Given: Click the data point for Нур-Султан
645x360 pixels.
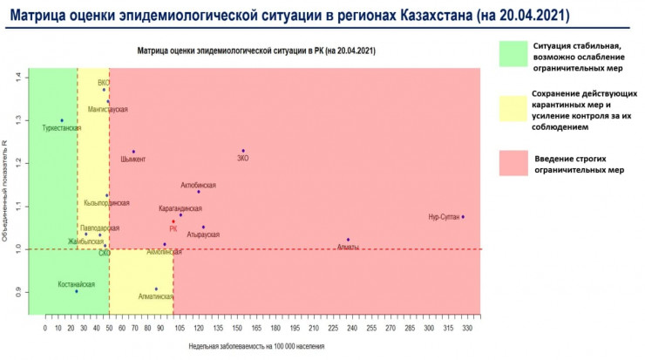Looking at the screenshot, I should point(463,216).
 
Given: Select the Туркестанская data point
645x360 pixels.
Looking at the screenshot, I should point(62,120).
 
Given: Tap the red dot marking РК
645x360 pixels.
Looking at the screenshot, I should point(173,221).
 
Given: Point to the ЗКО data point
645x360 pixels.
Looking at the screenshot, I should point(243,151).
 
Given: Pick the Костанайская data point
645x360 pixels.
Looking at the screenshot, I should point(77,291).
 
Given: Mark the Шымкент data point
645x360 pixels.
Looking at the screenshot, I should point(133,152).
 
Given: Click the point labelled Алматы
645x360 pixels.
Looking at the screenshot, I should point(348,240).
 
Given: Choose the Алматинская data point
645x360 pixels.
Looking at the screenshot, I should point(156,289).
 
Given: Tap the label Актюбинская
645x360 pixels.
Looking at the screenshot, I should point(198,186).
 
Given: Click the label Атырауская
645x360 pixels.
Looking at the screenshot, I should point(203,234).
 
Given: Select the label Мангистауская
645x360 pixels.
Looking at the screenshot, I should point(108,110).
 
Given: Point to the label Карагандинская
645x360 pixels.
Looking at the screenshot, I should point(180,209).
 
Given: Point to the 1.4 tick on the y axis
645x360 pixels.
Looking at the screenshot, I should point(17,78).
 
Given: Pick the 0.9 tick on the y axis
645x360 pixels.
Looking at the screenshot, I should point(17,292).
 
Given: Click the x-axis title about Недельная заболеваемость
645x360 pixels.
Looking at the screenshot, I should point(256,346).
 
